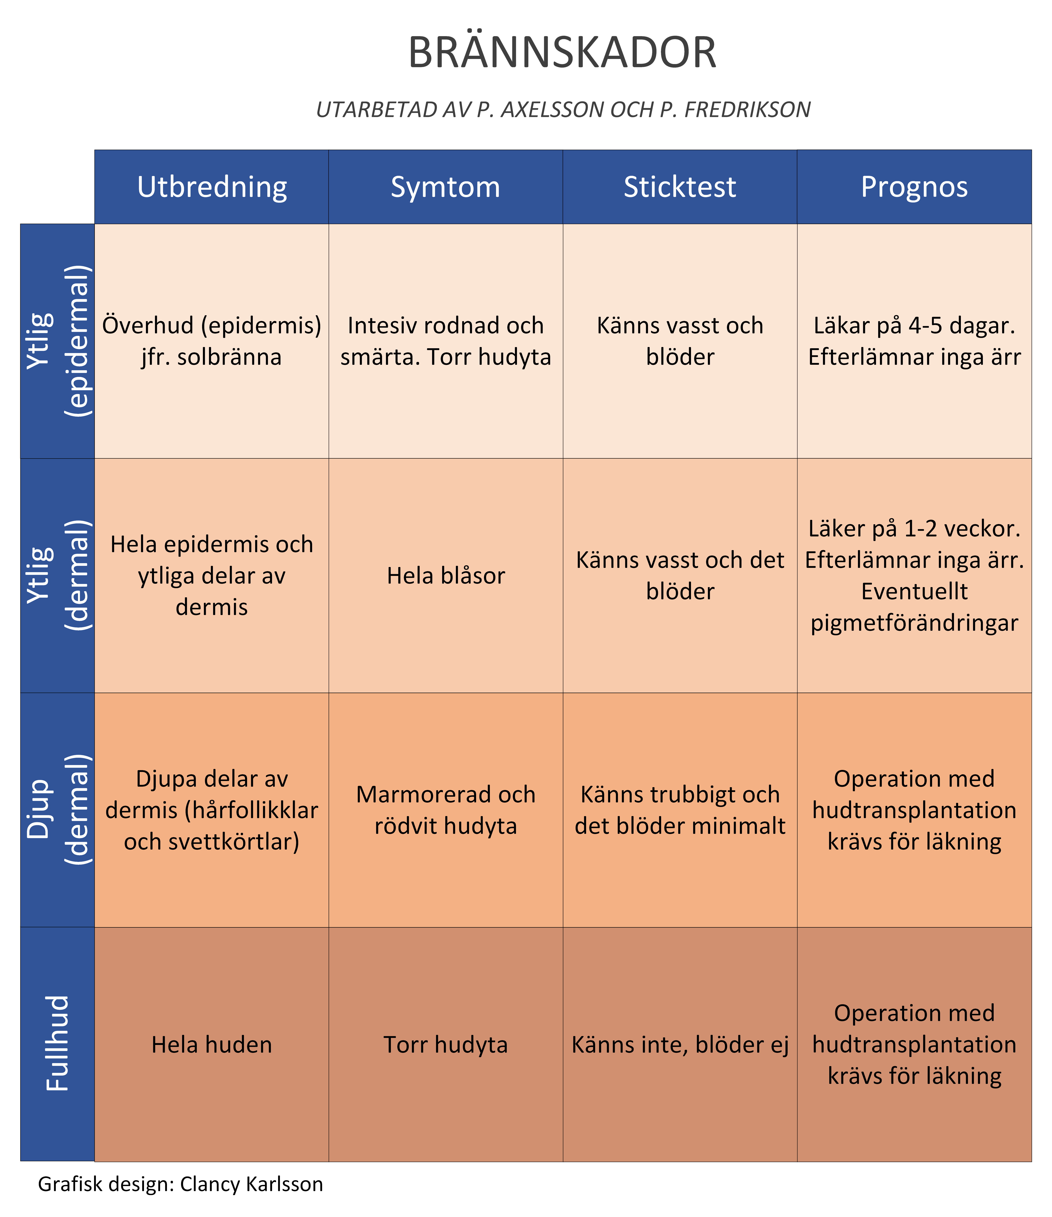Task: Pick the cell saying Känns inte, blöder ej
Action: [680, 1044]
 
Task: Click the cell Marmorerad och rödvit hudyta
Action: [446, 810]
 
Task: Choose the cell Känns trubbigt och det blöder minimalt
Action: [680, 810]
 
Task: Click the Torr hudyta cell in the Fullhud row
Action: [446, 1044]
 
